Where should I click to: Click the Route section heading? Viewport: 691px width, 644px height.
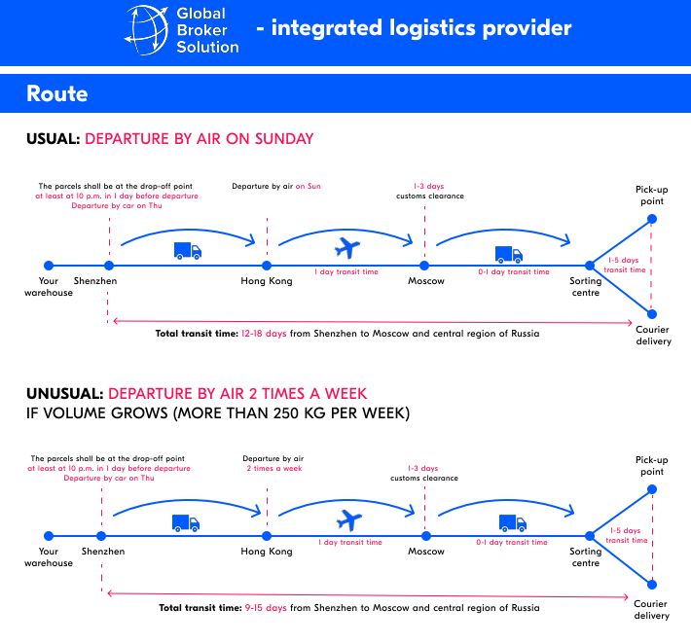tap(56, 94)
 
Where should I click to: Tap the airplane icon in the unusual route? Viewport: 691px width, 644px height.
tap(345, 519)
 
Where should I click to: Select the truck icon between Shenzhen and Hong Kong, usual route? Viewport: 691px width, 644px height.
tap(188, 250)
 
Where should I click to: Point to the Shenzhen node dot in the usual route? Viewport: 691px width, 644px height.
tap(109, 265)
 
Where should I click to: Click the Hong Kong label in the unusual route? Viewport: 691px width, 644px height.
tap(267, 552)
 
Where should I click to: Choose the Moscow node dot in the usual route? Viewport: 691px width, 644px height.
tap(424, 265)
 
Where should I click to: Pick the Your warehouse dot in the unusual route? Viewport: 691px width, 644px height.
tap(48, 535)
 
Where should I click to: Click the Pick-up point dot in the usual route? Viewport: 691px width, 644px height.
tap(651, 218)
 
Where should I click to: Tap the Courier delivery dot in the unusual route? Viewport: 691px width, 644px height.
tap(651, 584)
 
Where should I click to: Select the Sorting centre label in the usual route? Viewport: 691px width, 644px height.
tap(586, 287)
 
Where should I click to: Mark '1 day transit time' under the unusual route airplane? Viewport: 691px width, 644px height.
tap(350, 542)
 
